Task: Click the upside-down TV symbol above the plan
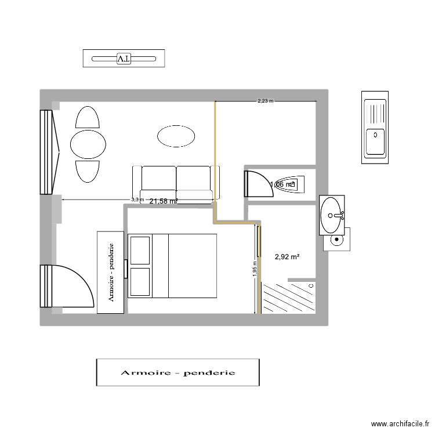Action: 124,59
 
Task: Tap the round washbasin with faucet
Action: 332,215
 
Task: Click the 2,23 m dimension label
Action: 265,101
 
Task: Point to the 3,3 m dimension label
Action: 137,200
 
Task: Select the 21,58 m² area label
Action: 163,201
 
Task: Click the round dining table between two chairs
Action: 88,144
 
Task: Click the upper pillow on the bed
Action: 139,250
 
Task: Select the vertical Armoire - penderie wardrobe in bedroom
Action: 111,272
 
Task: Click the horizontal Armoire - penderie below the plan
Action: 177,372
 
